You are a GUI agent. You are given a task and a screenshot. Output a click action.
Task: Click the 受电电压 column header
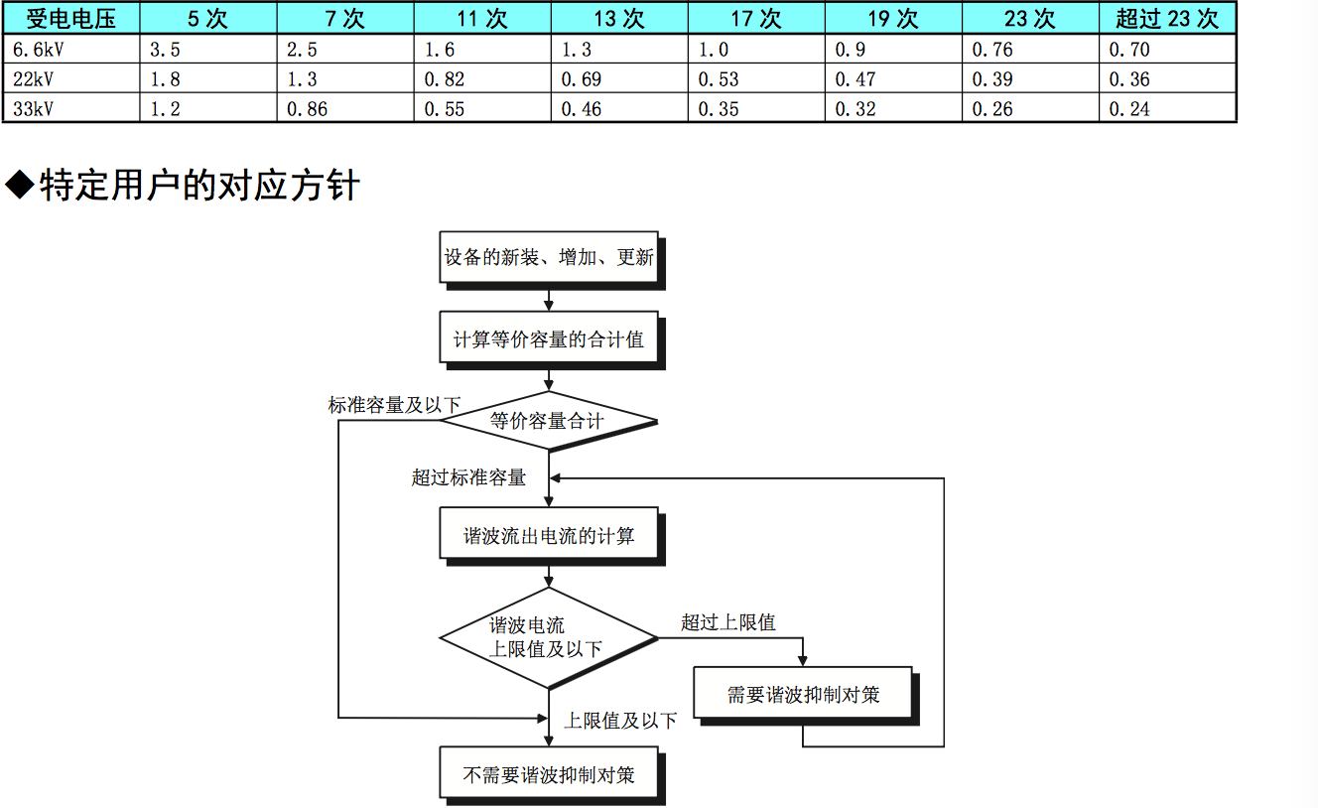(x=71, y=18)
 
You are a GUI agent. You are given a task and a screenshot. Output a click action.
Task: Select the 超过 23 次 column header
(x=1167, y=18)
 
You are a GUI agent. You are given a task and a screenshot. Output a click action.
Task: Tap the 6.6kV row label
(x=39, y=50)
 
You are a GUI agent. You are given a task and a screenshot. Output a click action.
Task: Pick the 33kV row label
(x=33, y=109)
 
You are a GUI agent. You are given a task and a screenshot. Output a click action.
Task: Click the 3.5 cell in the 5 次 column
(x=165, y=50)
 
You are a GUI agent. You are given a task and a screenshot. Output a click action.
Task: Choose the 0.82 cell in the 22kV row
(x=445, y=79)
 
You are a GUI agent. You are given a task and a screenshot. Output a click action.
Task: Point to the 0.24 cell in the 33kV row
(x=1129, y=109)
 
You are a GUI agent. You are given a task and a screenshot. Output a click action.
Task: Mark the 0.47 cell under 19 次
(x=856, y=79)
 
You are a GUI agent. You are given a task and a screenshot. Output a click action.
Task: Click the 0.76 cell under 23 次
(x=992, y=50)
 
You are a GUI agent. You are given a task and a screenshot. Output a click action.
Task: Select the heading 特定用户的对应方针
(x=198, y=186)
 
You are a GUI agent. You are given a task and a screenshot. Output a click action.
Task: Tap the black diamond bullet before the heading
(x=20, y=185)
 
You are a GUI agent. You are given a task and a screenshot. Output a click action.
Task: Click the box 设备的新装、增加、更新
(x=549, y=257)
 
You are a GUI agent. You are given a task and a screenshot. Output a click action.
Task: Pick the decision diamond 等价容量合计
(x=549, y=421)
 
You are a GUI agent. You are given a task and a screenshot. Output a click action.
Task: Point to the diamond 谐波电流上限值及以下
(x=549, y=638)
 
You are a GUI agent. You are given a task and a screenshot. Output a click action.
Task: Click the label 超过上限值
(x=728, y=622)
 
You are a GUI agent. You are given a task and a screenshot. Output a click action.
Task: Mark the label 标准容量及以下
(x=394, y=405)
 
